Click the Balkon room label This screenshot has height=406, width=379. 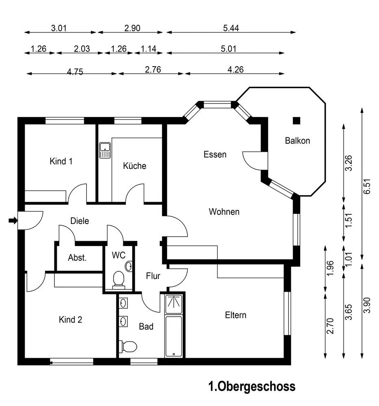(x=297, y=140)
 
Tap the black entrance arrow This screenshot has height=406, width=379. (x=13, y=220)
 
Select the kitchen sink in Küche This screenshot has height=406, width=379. (x=105, y=150)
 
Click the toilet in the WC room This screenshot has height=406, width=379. (x=119, y=280)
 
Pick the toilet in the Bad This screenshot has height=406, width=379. (x=128, y=346)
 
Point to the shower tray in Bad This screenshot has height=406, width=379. (x=174, y=304)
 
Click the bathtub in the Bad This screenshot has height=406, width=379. (x=174, y=336)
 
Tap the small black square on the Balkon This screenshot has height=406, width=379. (x=297, y=121)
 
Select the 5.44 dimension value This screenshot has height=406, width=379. (x=231, y=28)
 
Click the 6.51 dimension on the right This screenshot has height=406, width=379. (x=367, y=186)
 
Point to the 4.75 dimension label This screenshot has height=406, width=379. (x=75, y=72)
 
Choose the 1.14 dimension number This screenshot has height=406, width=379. (x=149, y=49)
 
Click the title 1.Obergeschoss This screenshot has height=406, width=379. (x=252, y=387)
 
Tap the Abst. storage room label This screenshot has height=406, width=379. (x=77, y=258)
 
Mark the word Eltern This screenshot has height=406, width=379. (x=235, y=315)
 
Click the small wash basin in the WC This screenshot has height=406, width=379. (x=129, y=266)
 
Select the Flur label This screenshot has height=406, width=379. (x=153, y=276)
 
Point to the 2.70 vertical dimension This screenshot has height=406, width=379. (x=330, y=326)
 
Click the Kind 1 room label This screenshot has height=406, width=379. (x=61, y=161)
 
